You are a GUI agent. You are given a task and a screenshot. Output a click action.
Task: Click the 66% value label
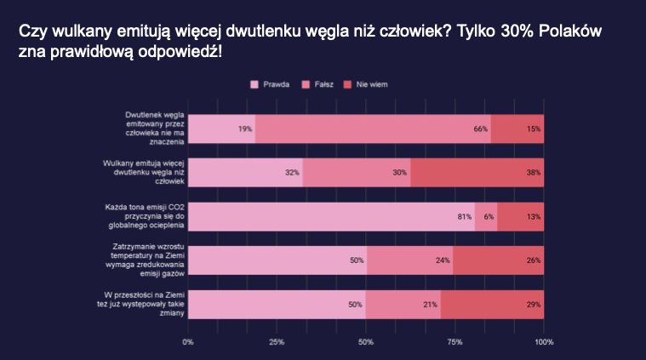coord(481,129)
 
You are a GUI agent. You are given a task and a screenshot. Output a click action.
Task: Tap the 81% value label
coord(465,216)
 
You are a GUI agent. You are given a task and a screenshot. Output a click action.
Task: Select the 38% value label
coord(534,172)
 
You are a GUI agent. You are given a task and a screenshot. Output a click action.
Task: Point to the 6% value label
coord(489,216)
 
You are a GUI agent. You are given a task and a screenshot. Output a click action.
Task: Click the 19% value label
coord(245,129)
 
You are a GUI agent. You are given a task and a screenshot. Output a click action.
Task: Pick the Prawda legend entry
coord(270,84)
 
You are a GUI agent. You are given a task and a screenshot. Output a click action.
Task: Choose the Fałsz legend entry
coord(321,84)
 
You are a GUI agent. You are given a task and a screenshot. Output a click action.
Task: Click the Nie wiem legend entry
coord(370,84)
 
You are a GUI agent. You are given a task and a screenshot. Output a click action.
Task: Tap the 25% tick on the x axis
coord(276,342)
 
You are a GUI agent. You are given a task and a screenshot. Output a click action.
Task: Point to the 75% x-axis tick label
coord(454,342)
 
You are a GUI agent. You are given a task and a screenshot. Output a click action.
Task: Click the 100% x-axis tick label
coord(543,342)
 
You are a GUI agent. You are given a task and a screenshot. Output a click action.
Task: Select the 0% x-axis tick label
coord(188,342)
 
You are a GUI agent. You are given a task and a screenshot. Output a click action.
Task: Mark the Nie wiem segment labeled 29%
coord(492,304)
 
